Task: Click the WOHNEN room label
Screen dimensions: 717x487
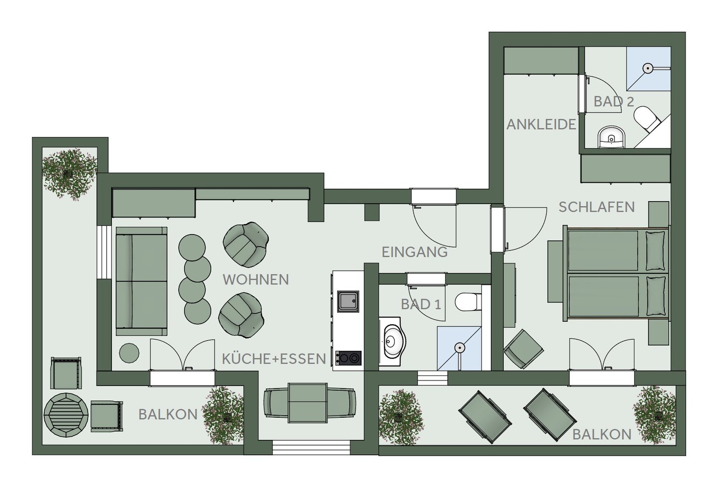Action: (x=256, y=280)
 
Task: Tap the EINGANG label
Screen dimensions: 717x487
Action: (x=414, y=252)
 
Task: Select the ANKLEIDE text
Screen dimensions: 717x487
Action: (x=541, y=124)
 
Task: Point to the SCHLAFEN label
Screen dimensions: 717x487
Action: (x=597, y=207)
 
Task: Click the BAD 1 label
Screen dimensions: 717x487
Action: (x=421, y=304)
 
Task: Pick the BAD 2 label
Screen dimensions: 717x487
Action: (x=613, y=102)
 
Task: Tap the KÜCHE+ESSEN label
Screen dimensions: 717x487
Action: (x=274, y=359)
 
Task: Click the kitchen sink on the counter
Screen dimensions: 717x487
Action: (x=348, y=301)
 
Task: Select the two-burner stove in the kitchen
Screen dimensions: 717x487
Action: (x=348, y=359)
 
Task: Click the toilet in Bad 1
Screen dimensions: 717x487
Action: (x=468, y=301)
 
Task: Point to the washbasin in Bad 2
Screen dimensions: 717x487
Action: (x=611, y=137)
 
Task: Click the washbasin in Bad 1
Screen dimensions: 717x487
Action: (x=392, y=342)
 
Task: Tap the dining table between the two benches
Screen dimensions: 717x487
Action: (x=307, y=403)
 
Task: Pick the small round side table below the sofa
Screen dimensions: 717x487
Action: (x=129, y=353)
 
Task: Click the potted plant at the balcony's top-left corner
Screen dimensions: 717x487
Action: (x=70, y=174)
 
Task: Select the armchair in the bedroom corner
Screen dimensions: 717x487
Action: (x=523, y=349)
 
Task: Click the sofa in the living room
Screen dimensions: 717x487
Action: (x=141, y=281)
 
